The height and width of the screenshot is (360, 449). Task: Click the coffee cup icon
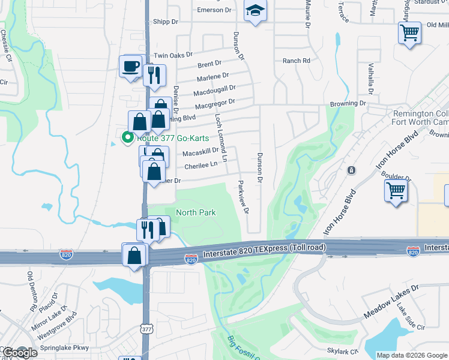130,67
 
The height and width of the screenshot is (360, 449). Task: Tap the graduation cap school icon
255,11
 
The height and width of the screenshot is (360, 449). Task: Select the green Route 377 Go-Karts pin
127,137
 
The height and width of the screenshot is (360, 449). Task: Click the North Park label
196,212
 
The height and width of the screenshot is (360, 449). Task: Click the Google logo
19,353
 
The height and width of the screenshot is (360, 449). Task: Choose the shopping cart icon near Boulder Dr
396,191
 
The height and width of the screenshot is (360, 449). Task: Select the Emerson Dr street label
214,10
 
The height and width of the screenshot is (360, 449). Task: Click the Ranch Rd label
296,61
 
